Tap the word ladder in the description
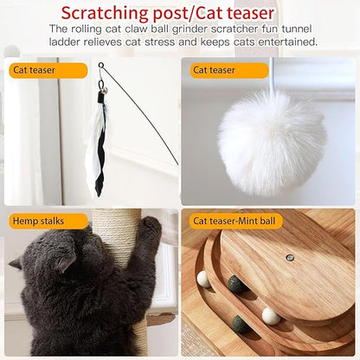click(66, 42)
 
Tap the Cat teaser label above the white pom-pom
click(214, 70)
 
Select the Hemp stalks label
click(37, 221)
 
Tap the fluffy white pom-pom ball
click(271, 141)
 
